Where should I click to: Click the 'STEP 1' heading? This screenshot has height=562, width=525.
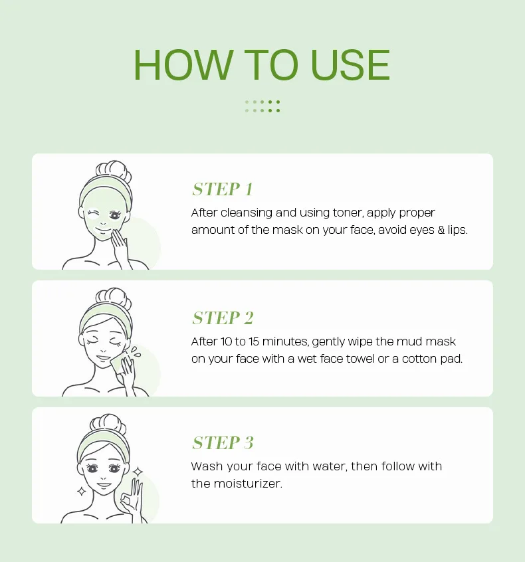click(x=223, y=189)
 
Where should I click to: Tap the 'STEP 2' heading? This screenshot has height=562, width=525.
click(x=223, y=318)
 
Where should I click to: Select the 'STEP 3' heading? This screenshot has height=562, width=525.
click(x=223, y=442)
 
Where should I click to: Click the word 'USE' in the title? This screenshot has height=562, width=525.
click(x=350, y=65)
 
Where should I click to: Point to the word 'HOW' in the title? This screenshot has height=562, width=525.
click(x=183, y=65)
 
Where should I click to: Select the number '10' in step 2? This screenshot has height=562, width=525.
click(x=226, y=341)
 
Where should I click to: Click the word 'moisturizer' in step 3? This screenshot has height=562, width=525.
click(x=248, y=484)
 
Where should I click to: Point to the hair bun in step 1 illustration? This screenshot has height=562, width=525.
click(x=114, y=171)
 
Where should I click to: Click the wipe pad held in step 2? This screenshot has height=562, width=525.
click(x=118, y=363)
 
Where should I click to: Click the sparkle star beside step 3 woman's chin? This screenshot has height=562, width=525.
click(x=82, y=491)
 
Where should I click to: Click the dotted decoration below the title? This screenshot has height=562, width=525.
click(x=262, y=106)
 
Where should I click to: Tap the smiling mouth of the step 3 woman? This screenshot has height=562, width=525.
click(x=104, y=485)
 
